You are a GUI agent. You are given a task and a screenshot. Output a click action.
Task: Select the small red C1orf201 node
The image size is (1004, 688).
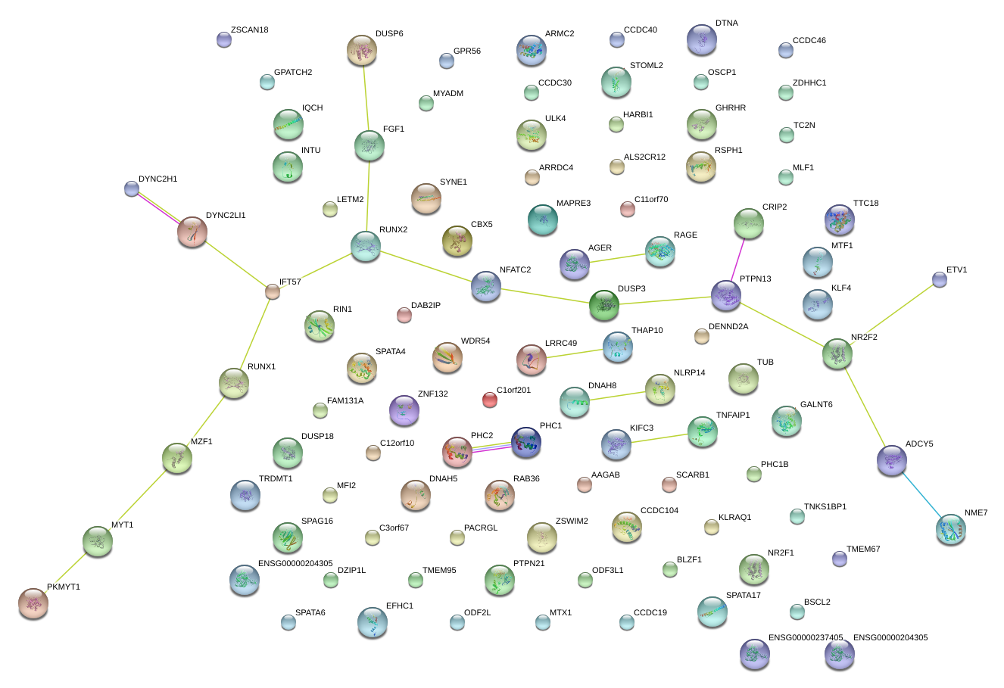[490, 400]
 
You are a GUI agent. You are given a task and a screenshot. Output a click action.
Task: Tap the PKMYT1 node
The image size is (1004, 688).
[33, 603]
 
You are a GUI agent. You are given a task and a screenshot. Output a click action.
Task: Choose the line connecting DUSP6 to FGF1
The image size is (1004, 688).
[366, 98]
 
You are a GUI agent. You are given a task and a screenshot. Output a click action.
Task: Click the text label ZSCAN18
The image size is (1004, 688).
[249, 30]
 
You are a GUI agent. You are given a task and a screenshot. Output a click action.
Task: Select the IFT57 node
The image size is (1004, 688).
[273, 291]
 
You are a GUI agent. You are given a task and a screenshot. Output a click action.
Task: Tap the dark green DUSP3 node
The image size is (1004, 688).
[604, 305]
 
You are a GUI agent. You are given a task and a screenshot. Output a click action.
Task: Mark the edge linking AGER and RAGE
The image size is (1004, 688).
[617, 258]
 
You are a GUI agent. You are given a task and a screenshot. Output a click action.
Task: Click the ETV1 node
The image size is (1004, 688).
[940, 280]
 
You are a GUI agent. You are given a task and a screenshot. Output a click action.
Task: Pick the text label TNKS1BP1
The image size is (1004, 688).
[825, 507]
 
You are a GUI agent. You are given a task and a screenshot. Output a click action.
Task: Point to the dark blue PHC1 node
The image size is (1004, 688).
[526, 443]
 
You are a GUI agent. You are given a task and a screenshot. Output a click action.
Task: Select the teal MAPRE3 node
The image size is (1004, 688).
[543, 219]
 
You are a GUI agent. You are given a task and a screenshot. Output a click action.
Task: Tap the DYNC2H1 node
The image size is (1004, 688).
[132, 189]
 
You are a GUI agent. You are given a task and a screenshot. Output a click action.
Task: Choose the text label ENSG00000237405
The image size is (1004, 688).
[805, 638]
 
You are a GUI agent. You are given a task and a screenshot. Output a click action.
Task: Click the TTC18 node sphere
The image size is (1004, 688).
[840, 220]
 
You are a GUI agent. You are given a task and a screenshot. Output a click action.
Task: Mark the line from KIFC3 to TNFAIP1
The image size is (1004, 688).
[659, 438]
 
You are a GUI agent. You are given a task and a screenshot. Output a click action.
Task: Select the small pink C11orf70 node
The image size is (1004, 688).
[627, 209]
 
